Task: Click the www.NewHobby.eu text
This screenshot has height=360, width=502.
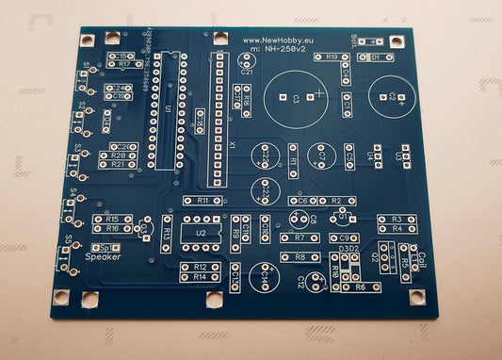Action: pyautogui.click(x=277, y=41)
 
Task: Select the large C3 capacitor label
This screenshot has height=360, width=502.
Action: pyautogui.click(x=294, y=97)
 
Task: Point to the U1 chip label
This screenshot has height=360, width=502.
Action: pyautogui.click(x=169, y=110)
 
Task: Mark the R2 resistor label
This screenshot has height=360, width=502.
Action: pyautogui.click(x=336, y=201)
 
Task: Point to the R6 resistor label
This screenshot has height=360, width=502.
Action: pyautogui.click(x=361, y=286)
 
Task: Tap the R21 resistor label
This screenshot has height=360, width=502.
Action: pyautogui.click(x=118, y=164)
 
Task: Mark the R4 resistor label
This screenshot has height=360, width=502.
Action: pyautogui.click(x=397, y=228)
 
